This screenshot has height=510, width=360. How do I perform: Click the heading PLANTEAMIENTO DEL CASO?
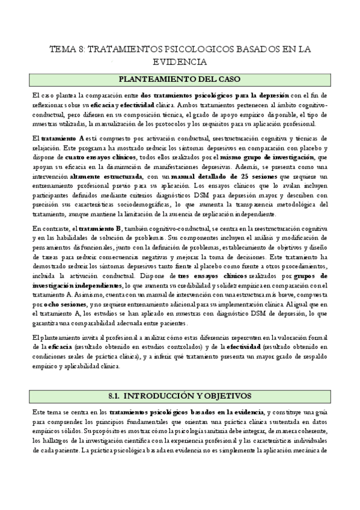pyautogui.click(x=180, y=78)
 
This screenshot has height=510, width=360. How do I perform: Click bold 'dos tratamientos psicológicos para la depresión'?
pyautogui.click(x=215, y=96)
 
